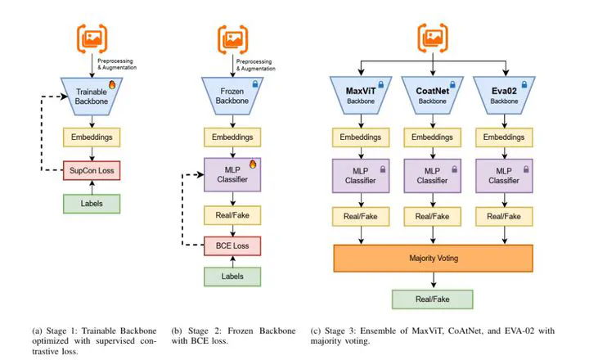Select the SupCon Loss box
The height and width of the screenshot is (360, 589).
(x=92, y=169)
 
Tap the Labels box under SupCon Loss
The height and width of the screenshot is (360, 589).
(x=92, y=202)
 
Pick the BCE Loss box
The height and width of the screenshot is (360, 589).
(x=232, y=244)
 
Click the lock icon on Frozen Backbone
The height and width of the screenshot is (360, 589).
(x=254, y=83)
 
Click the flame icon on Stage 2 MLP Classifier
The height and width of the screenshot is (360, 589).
(x=253, y=164)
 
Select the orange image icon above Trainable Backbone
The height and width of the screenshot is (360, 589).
(x=92, y=37)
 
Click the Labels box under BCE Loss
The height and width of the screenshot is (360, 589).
(x=232, y=277)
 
